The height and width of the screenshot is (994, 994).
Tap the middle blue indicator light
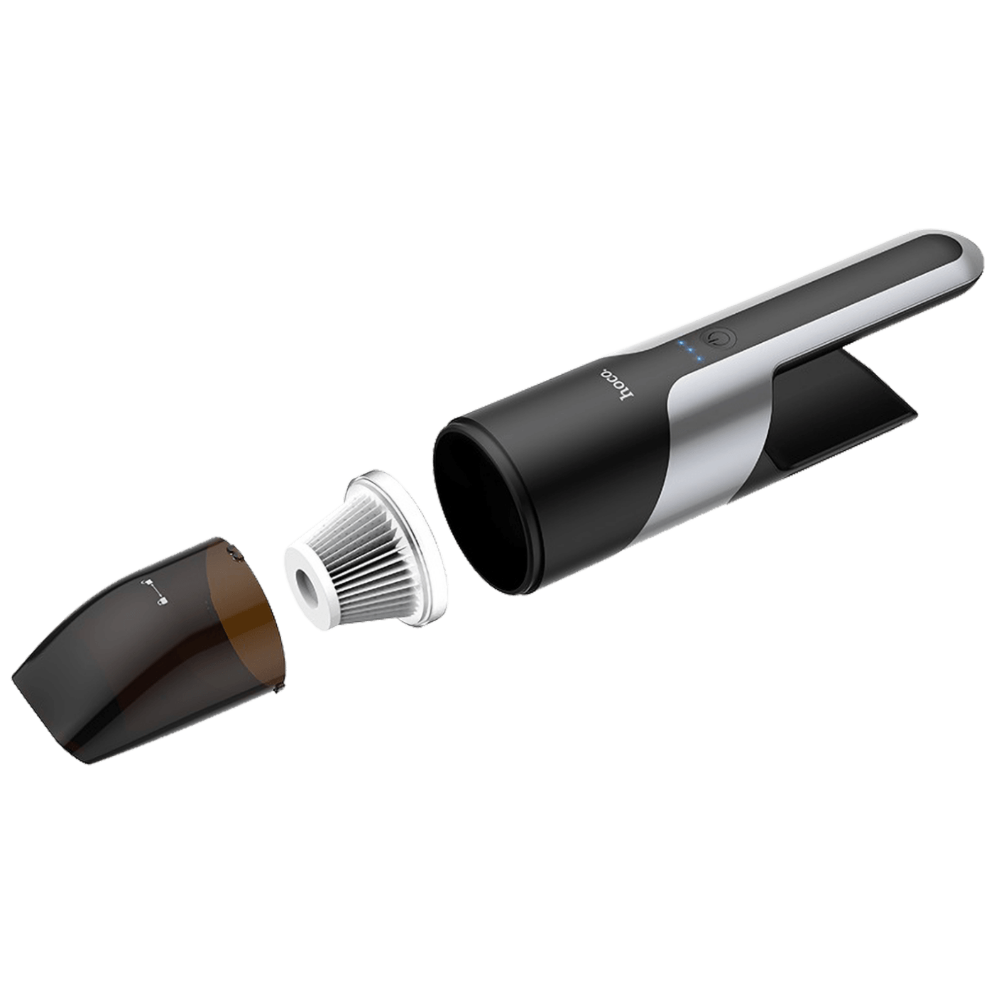coord(690,351)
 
